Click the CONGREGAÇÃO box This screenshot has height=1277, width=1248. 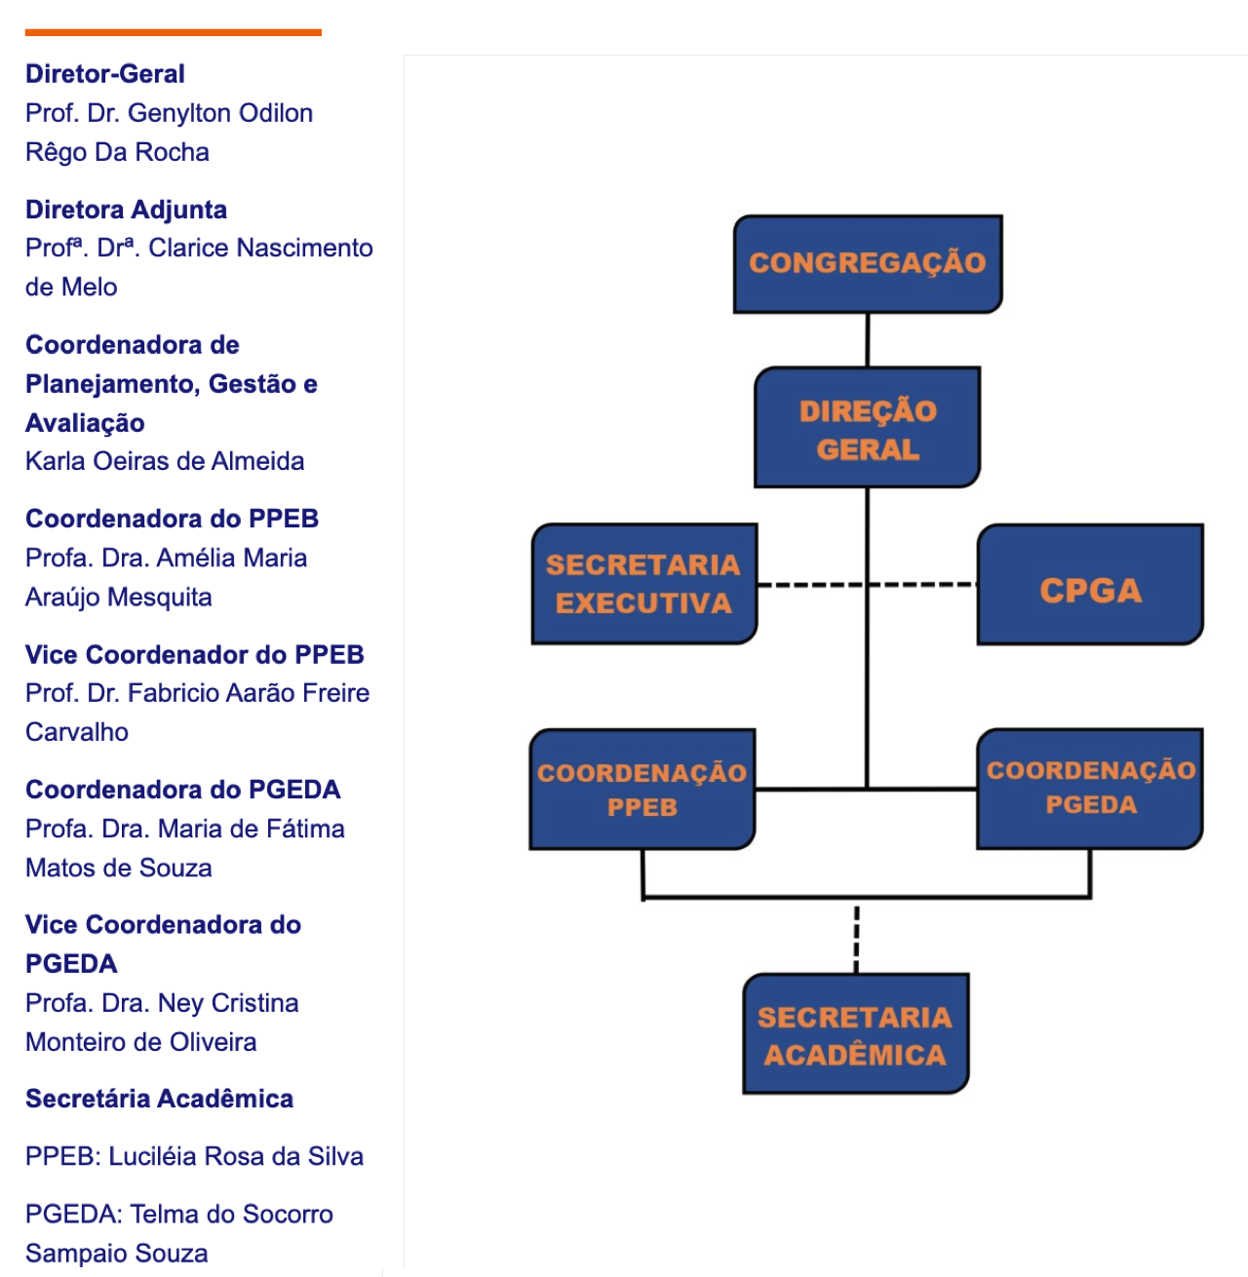pos(868,263)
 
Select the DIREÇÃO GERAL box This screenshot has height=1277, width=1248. pos(867,428)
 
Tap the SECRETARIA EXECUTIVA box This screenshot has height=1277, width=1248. pos(643,584)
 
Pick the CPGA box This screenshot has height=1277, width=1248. pos(1090,585)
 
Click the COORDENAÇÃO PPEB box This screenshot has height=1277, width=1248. pos(642,790)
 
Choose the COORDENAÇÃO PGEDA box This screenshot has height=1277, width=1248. pos(1090,788)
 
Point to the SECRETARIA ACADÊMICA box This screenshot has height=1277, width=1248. pos(855,1034)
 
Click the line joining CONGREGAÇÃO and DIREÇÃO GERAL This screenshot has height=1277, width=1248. pos(868,339)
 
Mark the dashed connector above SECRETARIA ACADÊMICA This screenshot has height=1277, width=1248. pos(856,938)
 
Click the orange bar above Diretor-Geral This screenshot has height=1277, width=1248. pos(173,32)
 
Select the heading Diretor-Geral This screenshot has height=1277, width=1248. pos(105,74)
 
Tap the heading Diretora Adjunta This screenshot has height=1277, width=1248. pos(126,210)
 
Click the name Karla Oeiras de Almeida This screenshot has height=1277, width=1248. pos(165,461)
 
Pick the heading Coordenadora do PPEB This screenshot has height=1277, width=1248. pos(172,519)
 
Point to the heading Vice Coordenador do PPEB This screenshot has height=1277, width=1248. pos(195,654)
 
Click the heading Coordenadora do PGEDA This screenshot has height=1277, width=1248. pos(182,790)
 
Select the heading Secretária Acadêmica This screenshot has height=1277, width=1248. pos(159,1099)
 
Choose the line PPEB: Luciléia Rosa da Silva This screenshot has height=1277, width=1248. pos(194,1156)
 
